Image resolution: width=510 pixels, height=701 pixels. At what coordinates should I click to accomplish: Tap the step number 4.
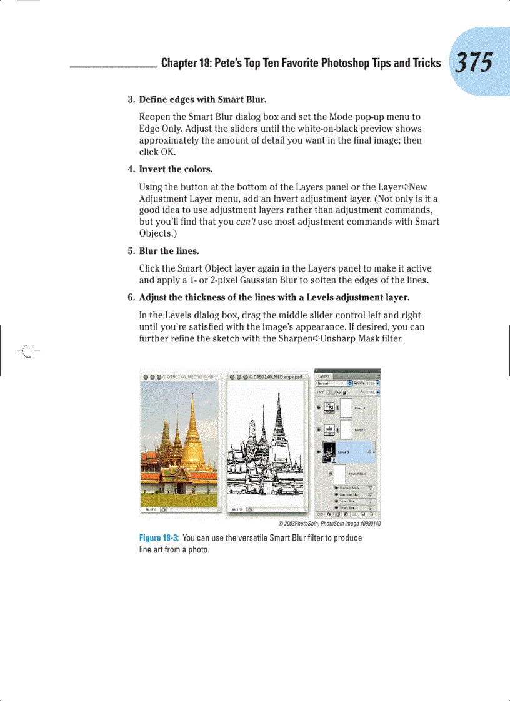tap(131, 169)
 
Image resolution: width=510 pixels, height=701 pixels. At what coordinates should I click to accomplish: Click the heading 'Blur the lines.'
tap(169, 252)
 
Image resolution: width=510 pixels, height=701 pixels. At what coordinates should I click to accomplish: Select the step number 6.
tap(131, 297)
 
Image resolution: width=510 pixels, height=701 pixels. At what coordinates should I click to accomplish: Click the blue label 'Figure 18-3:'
tap(159, 538)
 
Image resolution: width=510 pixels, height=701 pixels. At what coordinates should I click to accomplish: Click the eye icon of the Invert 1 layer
tap(319, 408)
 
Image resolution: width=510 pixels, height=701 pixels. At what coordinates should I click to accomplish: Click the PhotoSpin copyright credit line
tap(329, 524)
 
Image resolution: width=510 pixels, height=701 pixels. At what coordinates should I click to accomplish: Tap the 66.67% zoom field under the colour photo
tap(151, 509)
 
